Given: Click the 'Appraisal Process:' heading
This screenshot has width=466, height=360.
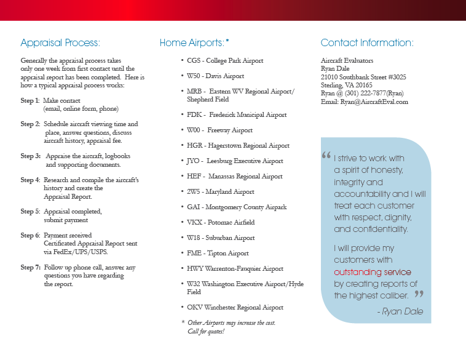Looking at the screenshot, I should click(60, 43).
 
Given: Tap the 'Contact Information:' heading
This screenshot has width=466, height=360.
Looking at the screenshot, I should click(367, 43).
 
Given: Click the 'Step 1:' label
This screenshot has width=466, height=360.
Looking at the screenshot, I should click(30, 100).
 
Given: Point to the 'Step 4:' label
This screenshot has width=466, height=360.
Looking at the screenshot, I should click(30, 180).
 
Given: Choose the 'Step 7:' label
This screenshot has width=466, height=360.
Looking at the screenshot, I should click(30, 268).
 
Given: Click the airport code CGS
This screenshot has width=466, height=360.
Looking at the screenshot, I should click(194, 61).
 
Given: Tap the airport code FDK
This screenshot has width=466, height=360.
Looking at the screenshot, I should click(195, 115).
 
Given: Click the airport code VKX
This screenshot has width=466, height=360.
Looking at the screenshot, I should click(195, 223).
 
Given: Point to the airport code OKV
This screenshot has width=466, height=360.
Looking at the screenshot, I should click(195, 307).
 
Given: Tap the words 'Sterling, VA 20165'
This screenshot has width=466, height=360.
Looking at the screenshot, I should click(347, 86).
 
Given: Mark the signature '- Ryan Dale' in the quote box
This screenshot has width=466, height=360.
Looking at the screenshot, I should click(400, 311).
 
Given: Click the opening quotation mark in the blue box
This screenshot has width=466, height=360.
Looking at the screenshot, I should click(326, 157).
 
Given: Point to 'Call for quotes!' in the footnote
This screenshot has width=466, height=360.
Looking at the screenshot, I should click(206, 332).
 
